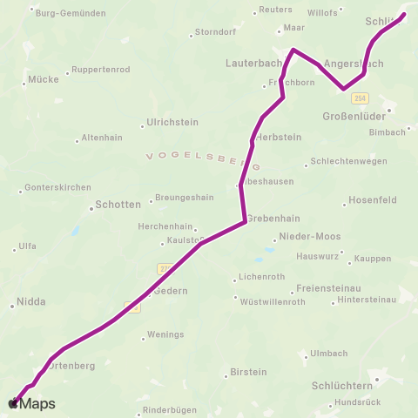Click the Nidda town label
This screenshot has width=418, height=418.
point(32,304)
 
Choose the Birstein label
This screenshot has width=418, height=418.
point(248,372)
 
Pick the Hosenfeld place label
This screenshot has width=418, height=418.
point(372,199)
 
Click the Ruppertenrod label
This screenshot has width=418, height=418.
point(100,69)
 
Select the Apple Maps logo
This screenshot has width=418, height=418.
point(31,403)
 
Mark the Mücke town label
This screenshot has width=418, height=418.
point(44,78)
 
